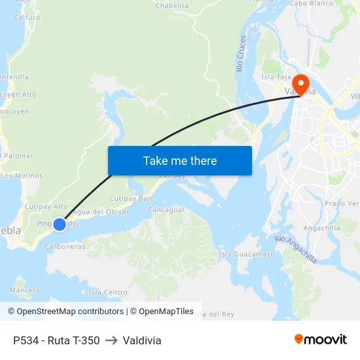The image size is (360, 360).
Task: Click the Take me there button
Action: click(179, 160)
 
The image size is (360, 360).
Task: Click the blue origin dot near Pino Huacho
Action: click(60, 224)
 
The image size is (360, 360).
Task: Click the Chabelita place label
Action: click(172, 5)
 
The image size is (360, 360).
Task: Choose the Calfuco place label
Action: click(27, 18)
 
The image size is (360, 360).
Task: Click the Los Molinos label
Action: click(22, 175)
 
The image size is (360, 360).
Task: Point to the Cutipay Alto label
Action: click(46, 206)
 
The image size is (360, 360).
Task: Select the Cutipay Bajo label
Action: click(131, 198)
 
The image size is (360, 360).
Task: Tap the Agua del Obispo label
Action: click(101, 211)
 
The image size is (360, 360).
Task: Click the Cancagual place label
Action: click(166, 210)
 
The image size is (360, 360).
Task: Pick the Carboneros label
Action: click(65, 247)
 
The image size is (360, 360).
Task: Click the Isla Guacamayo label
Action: click(247, 254)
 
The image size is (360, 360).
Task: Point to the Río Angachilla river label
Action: click(296, 249)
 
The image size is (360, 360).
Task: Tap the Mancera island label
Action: click(25, 289)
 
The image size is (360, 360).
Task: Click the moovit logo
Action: click(321, 340)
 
